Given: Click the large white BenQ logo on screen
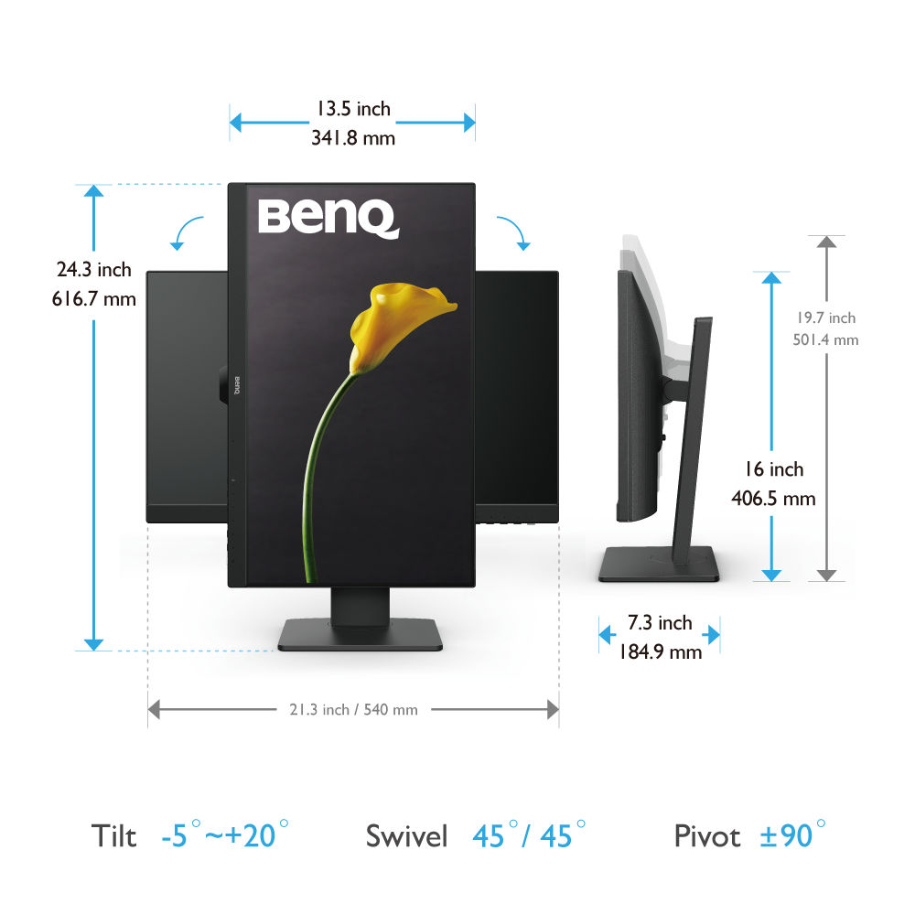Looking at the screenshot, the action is tap(328, 219).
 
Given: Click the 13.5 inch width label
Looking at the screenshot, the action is tap(353, 109).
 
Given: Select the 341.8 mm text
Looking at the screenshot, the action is tap(353, 138).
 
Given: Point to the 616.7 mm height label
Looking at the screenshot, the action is tap(94, 299).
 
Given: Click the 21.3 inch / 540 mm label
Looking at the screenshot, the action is tap(353, 710).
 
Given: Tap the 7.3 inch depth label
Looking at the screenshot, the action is tap(660, 622).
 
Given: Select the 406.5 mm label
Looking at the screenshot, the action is tap(773, 499).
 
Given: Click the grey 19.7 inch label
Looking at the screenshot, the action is tap(826, 318).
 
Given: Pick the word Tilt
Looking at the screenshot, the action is tap(113, 835).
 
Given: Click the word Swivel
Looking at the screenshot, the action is tap(407, 835).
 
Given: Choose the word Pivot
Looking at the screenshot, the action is tap(707, 835).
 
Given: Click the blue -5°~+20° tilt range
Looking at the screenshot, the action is tap(225, 834).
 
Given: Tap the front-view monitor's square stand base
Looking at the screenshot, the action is tap(360, 635).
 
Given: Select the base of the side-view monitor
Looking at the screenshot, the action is tap(659, 564).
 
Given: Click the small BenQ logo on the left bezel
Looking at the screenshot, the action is tap(237, 385).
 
